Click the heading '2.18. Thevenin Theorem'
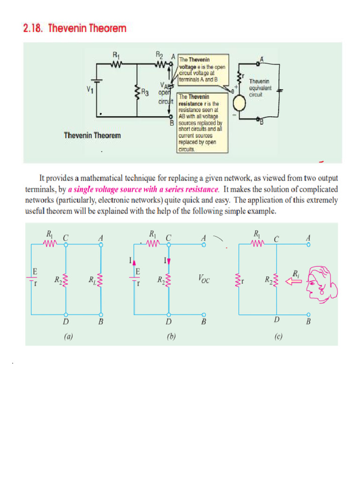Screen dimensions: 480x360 point(75,29)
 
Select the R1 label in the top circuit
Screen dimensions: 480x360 point(116,55)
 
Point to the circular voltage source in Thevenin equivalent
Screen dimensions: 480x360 point(240,103)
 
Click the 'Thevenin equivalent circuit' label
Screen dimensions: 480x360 point(260,88)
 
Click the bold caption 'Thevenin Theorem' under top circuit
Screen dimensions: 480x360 point(92,135)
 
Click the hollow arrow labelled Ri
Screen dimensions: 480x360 point(294,281)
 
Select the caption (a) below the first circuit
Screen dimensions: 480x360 point(66,336)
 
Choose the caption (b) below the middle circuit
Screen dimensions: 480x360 point(171,336)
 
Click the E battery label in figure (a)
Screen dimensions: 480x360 point(35,271)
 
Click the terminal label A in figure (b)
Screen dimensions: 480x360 point(203,238)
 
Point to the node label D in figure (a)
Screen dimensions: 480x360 point(66,322)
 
